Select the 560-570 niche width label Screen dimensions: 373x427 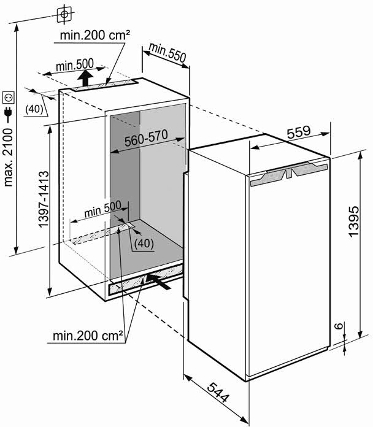(145, 140)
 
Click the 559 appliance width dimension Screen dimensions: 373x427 (298, 133)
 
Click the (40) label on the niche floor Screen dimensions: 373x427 (143, 242)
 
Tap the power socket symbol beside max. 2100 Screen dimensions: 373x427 (9, 96)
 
